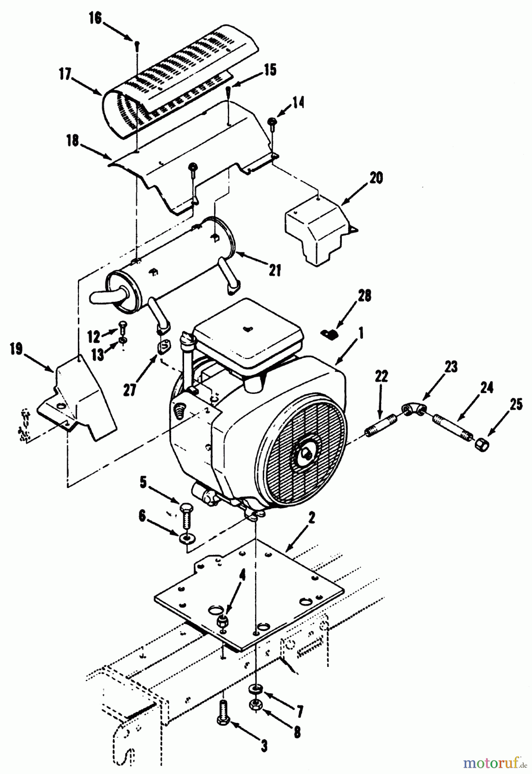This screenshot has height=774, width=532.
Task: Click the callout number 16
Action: tap(95, 19)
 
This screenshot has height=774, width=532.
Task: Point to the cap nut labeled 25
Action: tap(481, 445)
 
